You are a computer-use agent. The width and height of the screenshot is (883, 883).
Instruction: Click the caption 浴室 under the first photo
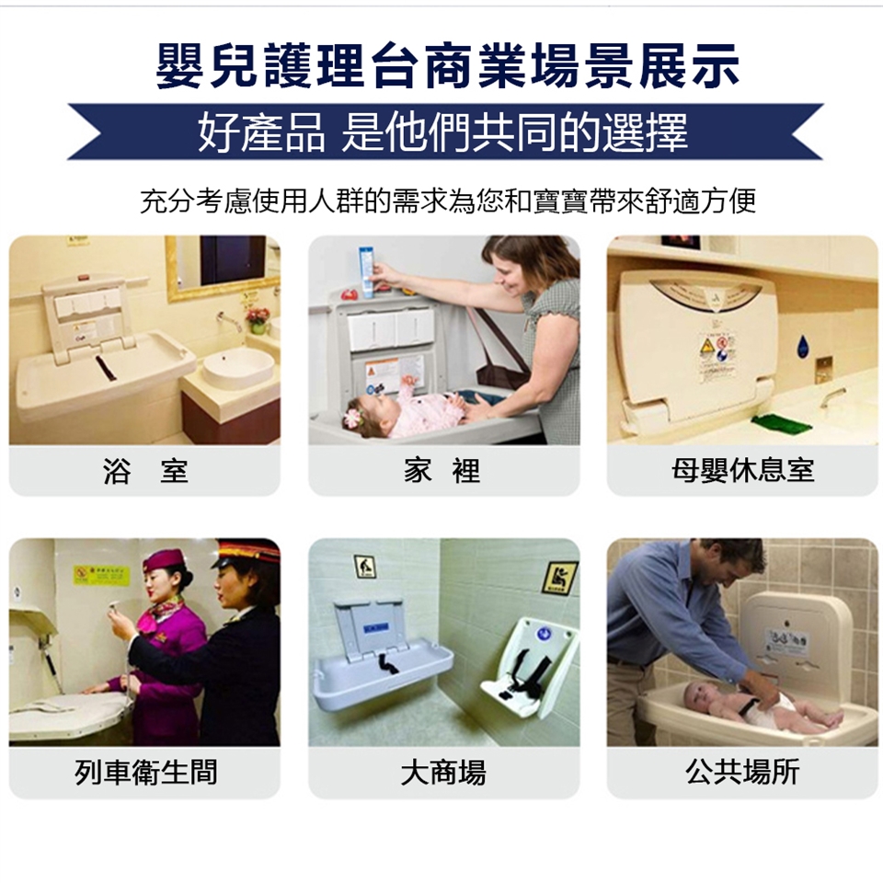point(145,471)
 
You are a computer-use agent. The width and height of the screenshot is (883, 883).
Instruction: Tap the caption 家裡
point(442,471)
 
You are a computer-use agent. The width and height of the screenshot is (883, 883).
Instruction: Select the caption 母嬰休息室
point(743,471)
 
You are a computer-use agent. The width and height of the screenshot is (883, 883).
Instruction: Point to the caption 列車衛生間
point(146,772)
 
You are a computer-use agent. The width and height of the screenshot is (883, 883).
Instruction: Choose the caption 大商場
point(443,772)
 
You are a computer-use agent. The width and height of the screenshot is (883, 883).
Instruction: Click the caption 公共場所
point(743,772)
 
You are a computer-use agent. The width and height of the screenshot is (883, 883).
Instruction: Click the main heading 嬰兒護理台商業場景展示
point(448,66)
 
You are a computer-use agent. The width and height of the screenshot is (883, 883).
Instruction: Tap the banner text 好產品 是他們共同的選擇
point(442,132)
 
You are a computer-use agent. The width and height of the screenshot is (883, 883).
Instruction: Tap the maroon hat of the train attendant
point(165,560)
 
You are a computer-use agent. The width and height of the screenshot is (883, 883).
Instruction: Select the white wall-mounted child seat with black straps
point(529,668)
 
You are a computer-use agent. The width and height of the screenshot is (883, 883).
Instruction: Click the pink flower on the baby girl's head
point(352,418)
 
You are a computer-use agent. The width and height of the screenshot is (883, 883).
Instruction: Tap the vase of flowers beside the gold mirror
point(258,319)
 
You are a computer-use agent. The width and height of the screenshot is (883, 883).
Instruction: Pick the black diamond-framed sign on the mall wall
point(559,578)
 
